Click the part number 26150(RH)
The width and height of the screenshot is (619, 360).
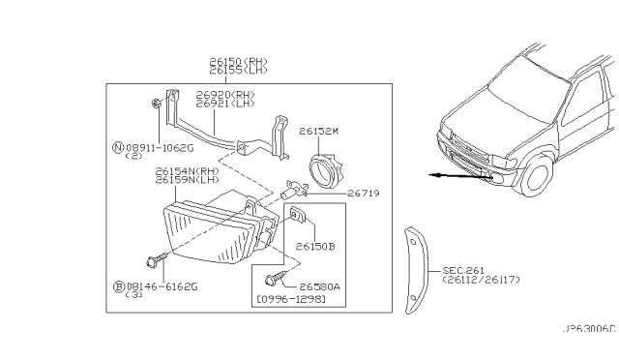coord(239,62)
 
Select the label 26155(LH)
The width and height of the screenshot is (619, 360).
coord(239,71)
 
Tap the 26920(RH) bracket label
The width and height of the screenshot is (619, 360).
coord(225,95)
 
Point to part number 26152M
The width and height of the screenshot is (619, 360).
coord(318,131)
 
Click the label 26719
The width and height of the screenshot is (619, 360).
coord(364,194)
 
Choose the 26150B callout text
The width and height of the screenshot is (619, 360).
coord(315,247)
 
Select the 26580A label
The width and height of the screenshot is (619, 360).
coord(319,286)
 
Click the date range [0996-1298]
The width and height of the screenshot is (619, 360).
coord(291,299)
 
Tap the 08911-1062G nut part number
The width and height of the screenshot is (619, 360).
coord(160,148)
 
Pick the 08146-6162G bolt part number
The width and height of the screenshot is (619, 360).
coord(162,286)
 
